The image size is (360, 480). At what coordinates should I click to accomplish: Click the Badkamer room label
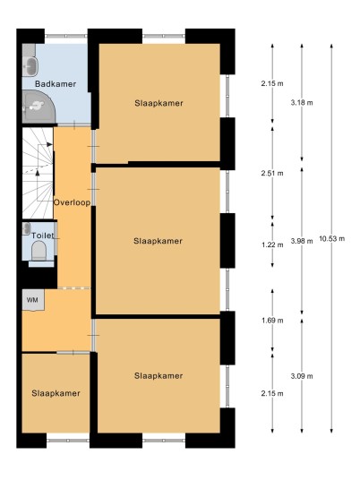tap(56, 84)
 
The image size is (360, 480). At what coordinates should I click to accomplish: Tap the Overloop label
tap(72, 202)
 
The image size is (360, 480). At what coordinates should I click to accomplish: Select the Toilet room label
tap(43, 236)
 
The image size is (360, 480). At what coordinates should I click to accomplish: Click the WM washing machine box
tap(33, 300)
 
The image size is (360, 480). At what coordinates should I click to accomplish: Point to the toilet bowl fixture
tap(39, 251)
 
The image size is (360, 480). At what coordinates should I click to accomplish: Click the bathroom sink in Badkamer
tap(30, 66)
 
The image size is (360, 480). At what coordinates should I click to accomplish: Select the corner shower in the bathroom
tap(38, 107)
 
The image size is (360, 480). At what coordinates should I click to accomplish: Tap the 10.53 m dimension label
tap(332, 238)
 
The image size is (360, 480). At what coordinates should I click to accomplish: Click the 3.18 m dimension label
tap(302, 103)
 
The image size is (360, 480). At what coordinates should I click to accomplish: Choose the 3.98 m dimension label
tap(302, 241)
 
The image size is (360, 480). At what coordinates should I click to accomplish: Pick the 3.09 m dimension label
tap(302, 376)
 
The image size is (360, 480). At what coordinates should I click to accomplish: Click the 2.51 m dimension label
tap(272, 173)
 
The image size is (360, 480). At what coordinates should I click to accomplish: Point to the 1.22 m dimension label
tap(272, 244)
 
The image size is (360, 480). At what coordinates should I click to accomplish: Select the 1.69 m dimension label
tap(272, 321)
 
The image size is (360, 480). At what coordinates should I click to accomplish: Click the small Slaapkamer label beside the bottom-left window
tap(56, 393)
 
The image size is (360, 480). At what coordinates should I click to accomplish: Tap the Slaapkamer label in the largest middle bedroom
tap(158, 241)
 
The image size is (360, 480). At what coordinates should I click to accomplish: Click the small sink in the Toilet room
tap(27, 228)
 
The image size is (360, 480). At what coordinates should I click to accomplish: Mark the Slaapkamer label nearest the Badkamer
tap(159, 103)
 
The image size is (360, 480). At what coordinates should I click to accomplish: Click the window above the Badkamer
tap(66, 36)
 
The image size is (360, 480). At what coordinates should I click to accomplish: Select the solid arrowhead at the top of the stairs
tap(49, 144)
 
